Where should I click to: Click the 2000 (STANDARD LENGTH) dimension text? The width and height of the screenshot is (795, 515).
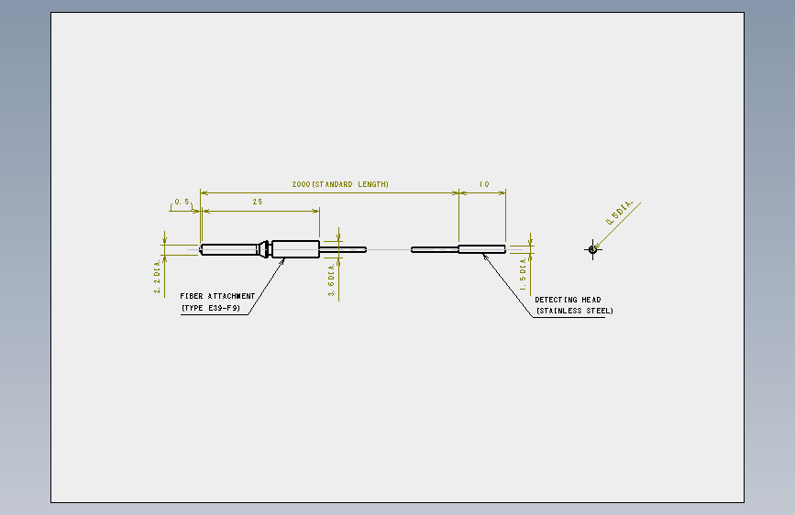pos(340,184)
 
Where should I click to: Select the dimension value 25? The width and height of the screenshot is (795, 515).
pos(258,202)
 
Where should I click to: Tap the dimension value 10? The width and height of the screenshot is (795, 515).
pos(484,184)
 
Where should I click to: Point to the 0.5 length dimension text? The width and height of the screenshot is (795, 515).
pos(182,202)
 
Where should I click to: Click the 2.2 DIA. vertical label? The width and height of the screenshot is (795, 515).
pos(157,276)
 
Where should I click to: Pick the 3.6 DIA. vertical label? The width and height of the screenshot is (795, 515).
pos(332,279)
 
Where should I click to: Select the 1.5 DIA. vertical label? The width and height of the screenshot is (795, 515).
pos(523,274)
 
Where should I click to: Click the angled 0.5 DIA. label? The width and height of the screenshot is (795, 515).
pos(620,213)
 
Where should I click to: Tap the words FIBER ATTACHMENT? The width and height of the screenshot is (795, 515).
pos(217,296)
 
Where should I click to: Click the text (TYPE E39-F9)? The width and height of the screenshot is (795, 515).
pos(211,308)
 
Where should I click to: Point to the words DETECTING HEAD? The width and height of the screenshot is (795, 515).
pos(568,300)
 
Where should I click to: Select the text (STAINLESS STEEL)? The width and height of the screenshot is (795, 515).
pos(574,311)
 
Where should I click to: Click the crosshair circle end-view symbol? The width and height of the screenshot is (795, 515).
pos(592,249)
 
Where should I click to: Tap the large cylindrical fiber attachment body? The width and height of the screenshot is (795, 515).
pos(295,249)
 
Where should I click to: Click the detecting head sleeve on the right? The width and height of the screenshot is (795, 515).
pos(481,249)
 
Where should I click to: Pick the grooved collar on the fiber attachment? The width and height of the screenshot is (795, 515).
pos(264,249)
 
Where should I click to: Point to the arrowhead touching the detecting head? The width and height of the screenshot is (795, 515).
pos(485,257)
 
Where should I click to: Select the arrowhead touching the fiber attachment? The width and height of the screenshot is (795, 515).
pos(282,261)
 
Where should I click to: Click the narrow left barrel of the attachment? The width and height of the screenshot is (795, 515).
pos(229,249)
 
